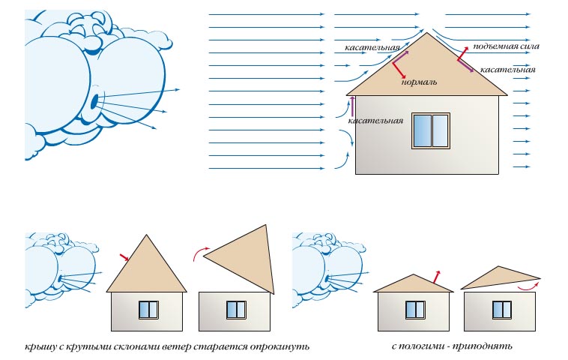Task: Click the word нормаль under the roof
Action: [x=419, y=82]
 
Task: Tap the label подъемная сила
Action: [x=506, y=46]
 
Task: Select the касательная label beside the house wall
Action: [x=375, y=121]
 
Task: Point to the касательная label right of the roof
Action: [x=507, y=70]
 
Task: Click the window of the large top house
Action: [x=431, y=131]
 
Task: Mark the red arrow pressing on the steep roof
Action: [x=124, y=257]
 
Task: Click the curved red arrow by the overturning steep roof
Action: [x=201, y=253]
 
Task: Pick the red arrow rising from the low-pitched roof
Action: [x=437, y=277]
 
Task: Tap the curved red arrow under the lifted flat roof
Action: [x=528, y=286]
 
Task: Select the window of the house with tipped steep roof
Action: [x=236, y=310]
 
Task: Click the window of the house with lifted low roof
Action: [x=502, y=310]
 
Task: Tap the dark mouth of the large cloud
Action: [x=94, y=102]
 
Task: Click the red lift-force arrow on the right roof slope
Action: [x=462, y=53]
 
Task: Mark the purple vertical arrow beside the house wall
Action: [x=351, y=106]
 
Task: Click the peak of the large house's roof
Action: [x=427, y=33]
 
